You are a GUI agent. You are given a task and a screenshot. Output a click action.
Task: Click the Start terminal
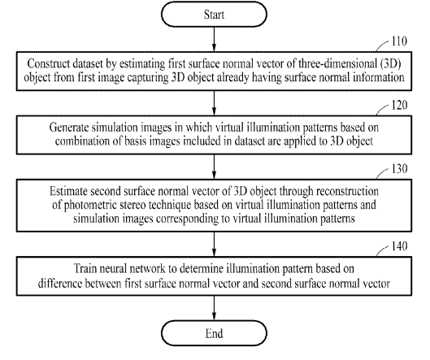(x=214, y=15)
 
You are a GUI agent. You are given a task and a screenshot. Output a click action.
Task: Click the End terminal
(x=214, y=333)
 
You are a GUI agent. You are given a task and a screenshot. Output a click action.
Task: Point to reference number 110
(x=399, y=41)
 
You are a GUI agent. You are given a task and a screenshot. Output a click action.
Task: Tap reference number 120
(x=399, y=105)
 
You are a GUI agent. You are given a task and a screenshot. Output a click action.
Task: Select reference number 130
(x=399, y=168)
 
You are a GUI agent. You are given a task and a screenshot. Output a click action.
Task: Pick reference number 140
(x=399, y=246)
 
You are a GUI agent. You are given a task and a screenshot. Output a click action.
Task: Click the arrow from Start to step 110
(x=214, y=39)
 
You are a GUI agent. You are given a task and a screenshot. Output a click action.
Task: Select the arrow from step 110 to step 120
(x=214, y=103)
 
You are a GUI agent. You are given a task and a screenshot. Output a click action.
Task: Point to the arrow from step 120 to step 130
(x=214, y=167)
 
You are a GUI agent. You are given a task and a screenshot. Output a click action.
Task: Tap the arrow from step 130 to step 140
(x=214, y=245)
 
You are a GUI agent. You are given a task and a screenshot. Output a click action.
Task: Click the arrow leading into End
(x=214, y=308)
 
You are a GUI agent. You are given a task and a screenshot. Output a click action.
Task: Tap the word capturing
(x=148, y=78)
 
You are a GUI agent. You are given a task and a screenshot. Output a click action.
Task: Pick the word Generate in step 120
(x=69, y=128)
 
